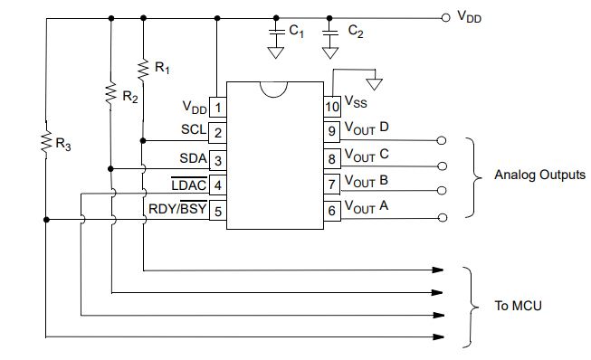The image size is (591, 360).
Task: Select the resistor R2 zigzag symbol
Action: tap(110, 93)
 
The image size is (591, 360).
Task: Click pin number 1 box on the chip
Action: tap(218, 108)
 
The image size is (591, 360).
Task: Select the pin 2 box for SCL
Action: tap(218, 133)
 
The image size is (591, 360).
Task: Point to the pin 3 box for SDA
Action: tap(218, 160)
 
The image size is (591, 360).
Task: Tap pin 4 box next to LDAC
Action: tap(218, 185)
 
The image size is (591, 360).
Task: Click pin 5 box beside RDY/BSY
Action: tap(218, 211)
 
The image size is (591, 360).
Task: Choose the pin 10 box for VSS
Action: tap(332, 107)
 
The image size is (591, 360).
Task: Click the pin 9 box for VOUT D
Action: tap(332, 132)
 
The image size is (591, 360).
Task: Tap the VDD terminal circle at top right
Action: tap(444, 17)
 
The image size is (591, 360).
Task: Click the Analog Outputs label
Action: tap(539, 175)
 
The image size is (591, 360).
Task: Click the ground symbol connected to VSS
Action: tap(375, 84)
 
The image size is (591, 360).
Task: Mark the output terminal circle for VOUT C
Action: tap(442, 166)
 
